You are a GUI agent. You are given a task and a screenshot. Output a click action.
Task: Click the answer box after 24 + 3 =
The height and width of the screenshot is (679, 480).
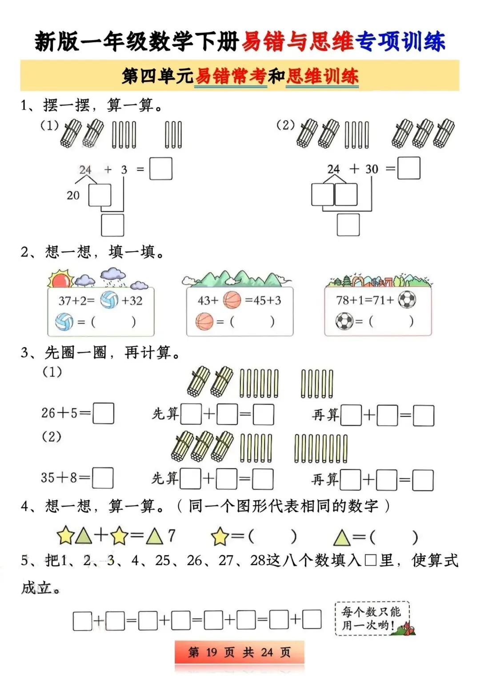pos(160,169)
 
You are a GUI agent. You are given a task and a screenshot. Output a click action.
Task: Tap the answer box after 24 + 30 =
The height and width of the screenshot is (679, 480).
pos(408,168)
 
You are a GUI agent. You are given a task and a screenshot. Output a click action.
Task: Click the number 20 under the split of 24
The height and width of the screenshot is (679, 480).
pos(73,195)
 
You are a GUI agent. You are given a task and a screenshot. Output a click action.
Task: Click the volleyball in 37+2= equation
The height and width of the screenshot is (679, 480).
pos(109,300)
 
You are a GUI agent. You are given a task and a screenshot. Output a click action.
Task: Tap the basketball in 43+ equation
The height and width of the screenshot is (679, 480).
pos(232,300)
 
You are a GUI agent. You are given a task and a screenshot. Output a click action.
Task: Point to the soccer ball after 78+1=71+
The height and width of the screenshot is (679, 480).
pos(407,300)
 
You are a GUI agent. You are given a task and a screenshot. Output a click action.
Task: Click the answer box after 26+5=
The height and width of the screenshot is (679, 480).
pos(103,413)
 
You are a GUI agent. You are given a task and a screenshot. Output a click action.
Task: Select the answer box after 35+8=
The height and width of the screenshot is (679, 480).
pos(102,478)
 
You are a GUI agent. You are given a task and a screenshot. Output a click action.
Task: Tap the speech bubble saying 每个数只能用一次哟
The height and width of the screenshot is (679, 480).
pos(371,618)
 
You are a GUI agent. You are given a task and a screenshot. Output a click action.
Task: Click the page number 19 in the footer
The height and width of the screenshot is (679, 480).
pos(212,652)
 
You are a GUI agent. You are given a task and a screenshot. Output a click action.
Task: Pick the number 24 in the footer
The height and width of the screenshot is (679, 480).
pos(267,652)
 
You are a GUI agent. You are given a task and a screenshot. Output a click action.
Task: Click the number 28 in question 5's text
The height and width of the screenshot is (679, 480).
pos(258,560)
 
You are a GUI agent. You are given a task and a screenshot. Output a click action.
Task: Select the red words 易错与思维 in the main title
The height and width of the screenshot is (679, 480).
pos(297,42)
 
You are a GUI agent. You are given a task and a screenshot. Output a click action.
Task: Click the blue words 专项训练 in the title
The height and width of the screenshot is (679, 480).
pos(400,42)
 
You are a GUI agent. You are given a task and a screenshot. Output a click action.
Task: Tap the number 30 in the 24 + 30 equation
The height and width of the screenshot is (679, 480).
pos(372,169)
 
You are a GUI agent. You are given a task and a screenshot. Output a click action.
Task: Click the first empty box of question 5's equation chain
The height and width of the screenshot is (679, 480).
pos(82,621)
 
